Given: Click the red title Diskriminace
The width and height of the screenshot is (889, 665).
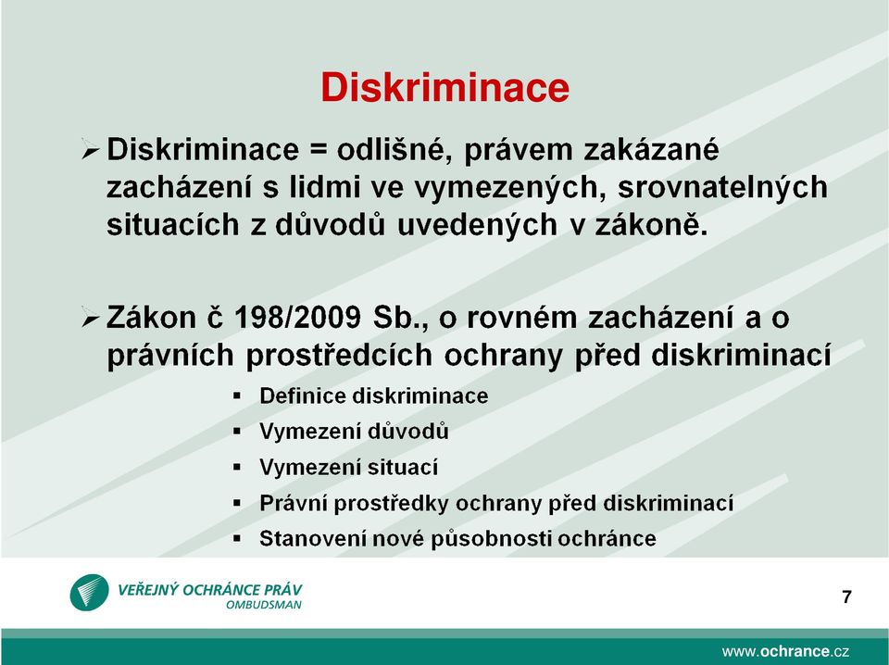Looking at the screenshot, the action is click(x=444, y=87).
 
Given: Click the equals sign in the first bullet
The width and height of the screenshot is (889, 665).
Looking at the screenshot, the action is click(x=318, y=151).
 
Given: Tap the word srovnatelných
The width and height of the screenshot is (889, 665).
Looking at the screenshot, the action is click(x=722, y=187).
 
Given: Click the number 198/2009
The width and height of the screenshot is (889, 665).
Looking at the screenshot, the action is click(x=297, y=317).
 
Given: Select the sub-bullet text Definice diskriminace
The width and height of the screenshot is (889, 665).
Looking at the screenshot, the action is click(x=373, y=395).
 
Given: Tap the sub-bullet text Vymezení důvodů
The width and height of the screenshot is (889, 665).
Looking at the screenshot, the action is click(x=354, y=432).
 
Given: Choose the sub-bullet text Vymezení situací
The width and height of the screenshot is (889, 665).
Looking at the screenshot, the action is click(x=349, y=467).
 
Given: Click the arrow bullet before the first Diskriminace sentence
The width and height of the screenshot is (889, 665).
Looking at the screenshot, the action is click(x=91, y=150).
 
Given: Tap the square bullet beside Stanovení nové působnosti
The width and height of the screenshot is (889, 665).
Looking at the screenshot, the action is click(x=237, y=538).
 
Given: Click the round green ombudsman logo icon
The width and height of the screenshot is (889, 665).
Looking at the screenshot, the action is click(x=89, y=593).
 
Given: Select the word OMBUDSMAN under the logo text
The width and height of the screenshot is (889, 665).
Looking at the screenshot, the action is click(x=264, y=605).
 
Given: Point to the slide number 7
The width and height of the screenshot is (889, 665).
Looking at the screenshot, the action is click(x=846, y=597).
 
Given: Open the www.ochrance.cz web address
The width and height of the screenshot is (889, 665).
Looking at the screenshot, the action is click(x=785, y=651).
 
